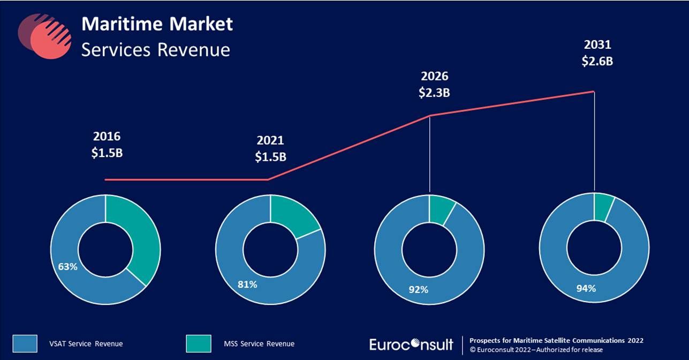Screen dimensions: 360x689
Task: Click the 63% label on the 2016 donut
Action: coord(69,265)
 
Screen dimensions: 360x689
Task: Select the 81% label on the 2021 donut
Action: coord(247,284)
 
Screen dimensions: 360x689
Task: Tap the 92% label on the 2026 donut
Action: coord(418,290)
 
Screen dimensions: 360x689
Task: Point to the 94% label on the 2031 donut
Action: coord(586,289)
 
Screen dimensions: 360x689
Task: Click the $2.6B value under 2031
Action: coord(597,61)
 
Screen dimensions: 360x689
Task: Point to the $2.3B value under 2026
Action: coord(434,93)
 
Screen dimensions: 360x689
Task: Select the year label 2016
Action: coord(107,137)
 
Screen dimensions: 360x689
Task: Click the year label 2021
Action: coord(270,141)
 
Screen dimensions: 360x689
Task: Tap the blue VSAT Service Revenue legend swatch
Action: coord(25,343)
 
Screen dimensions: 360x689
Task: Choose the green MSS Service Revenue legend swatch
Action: coord(199,343)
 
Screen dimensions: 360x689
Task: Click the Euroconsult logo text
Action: coord(411,344)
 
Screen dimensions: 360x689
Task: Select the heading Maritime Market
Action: coord(157,24)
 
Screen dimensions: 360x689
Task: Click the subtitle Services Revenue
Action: coord(155,50)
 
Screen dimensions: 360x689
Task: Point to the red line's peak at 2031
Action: coord(594,92)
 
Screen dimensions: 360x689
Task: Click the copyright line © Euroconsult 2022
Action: coord(535,350)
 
